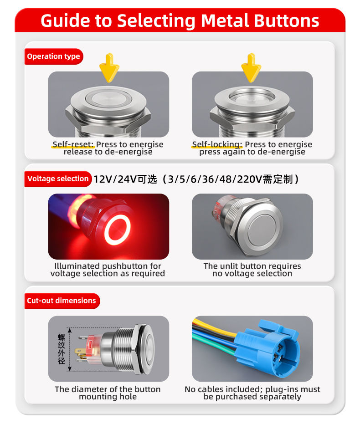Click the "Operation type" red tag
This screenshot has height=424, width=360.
(54, 56)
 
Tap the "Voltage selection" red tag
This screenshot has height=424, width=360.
(58, 179)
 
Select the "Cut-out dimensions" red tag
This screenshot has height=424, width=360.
(62, 301)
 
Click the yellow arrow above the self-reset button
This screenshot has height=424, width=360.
(109, 67)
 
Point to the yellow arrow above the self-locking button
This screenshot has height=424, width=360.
(251, 67)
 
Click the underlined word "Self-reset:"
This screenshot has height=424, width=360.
(73, 144)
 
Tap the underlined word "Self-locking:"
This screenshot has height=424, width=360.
(217, 144)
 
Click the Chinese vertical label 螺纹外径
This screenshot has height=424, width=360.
(62, 349)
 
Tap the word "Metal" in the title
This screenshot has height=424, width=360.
(225, 21)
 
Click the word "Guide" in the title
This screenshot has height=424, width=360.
(65, 21)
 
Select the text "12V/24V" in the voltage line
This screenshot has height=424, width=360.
(115, 179)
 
